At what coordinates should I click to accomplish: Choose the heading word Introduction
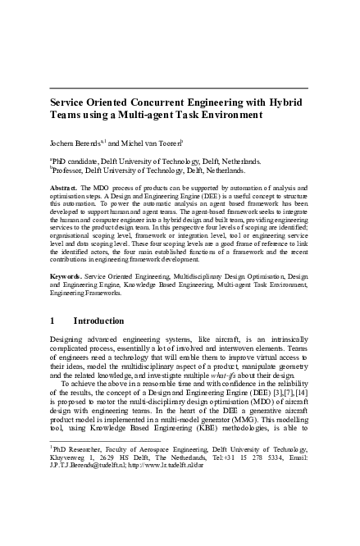[x=99, y=321]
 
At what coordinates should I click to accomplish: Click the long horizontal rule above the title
[x=180, y=88]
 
